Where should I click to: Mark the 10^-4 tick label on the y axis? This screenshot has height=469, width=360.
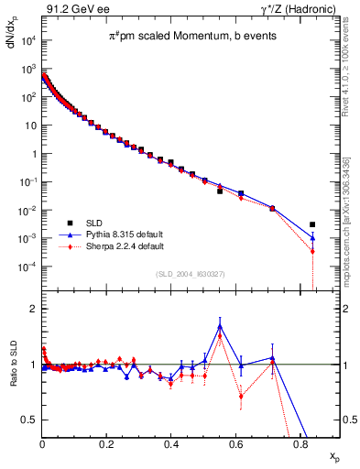[27, 267]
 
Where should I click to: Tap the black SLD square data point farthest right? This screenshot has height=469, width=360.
[312, 224]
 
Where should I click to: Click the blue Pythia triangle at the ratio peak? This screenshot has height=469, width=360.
[220, 325]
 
